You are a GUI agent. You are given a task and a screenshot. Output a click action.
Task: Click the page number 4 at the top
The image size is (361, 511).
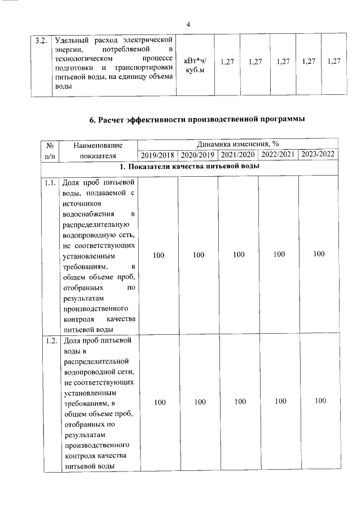(x=188, y=24)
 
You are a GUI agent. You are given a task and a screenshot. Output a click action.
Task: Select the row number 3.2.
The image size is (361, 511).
(x=40, y=40)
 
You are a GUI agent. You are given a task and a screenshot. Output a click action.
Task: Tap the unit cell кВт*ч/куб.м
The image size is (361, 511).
(x=196, y=66)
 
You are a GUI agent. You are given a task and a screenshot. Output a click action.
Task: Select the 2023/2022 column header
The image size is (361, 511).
(x=318, y=155)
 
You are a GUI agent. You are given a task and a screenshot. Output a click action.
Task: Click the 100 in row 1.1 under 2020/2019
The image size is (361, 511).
(x=198, y=255)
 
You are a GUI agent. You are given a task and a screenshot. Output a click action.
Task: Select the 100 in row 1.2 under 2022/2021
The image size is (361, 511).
(x=279, y=401)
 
